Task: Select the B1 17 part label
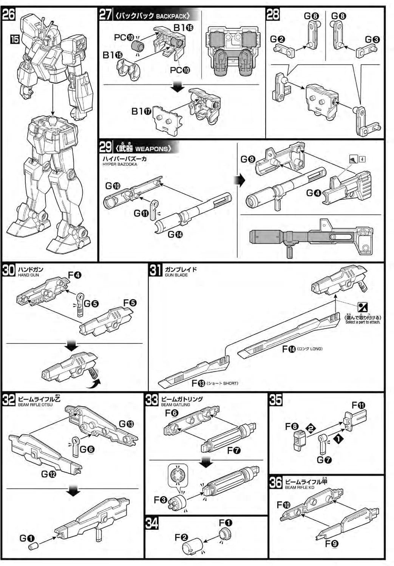(141, 111)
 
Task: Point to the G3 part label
(372, 40)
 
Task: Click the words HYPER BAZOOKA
(120, 164)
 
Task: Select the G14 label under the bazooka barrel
(175, 234)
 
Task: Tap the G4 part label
(314, 193)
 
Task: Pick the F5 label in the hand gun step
(130, 303)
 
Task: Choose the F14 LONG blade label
(302, 349)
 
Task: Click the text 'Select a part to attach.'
(363, 322)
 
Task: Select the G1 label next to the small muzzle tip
(27, 538)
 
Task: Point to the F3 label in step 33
(160, 500)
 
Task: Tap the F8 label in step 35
(292, 426)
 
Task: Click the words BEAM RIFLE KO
(300, 487)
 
